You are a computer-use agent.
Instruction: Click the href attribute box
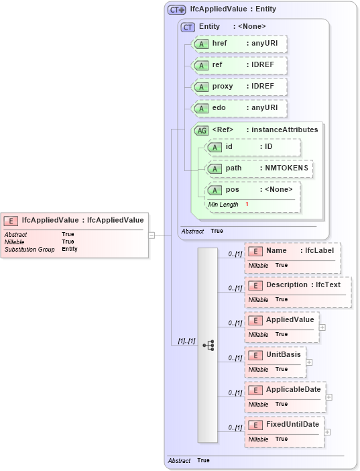point(239,44)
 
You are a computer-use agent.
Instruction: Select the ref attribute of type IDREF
point(239,65)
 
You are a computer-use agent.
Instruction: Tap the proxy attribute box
point(239,87)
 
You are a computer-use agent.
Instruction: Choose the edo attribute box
point(239,108)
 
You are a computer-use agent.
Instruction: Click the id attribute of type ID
point(253,147)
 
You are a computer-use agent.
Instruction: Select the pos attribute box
point(253,190)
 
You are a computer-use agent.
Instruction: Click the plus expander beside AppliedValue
point(322,327)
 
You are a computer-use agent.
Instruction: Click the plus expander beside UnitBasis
point(309,362)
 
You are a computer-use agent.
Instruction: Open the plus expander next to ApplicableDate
point(328,397)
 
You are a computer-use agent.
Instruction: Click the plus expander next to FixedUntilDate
point(326,432)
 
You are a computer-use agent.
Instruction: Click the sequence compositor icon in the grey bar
point(209,346)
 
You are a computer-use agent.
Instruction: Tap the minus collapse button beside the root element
point(152,235)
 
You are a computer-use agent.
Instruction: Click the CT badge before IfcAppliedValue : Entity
point(176,10)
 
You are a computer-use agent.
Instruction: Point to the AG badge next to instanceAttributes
point(200,130)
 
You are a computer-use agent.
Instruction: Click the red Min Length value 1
point(247,204)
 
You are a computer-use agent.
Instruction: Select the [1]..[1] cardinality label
point(186,342)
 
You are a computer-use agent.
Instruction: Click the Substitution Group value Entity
point(70,249)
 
